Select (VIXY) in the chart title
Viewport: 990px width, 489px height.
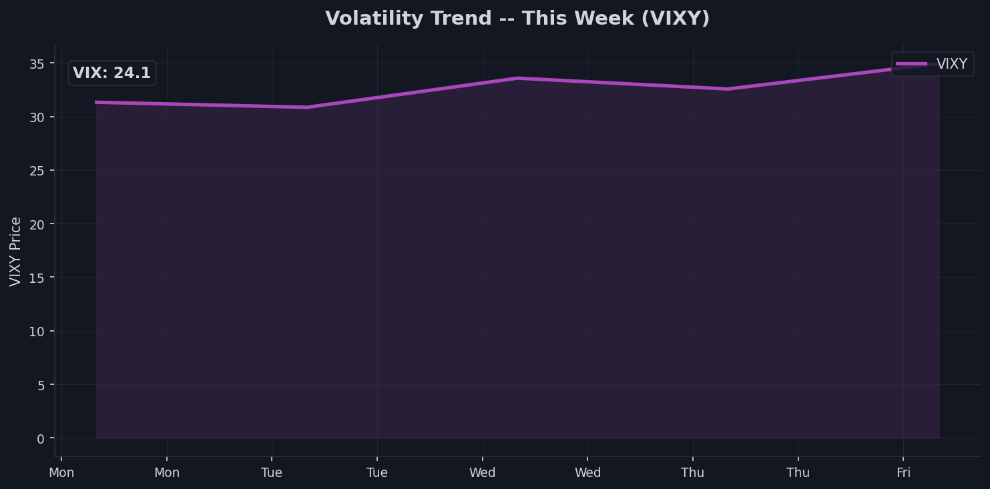click(675, 19)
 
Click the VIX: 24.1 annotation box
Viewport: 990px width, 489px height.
click(112, 73)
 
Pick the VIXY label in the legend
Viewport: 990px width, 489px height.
click(951, 64)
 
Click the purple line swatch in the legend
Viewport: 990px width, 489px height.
click(911, 64)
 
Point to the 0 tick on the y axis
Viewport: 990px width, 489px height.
click(41, 439)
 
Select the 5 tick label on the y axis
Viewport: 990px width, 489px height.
click(41, 385)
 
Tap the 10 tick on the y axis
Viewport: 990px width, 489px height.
click(37, 332)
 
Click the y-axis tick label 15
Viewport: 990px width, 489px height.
click(37, 278)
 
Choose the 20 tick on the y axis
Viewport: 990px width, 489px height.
click(37, 224)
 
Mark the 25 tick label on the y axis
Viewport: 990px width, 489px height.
click(37, 171)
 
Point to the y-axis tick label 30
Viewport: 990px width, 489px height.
click(37, 117)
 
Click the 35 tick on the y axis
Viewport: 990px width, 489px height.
click(37, 64)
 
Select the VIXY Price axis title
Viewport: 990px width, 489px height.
click(16, 252)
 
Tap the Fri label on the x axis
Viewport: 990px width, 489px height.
click(903, 473)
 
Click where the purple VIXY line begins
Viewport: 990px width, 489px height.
click(97, 102)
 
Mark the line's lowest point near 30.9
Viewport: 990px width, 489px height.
click(306, 107)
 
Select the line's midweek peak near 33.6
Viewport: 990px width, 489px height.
click(517, 78)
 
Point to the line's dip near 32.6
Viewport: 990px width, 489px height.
click(728, 89)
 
